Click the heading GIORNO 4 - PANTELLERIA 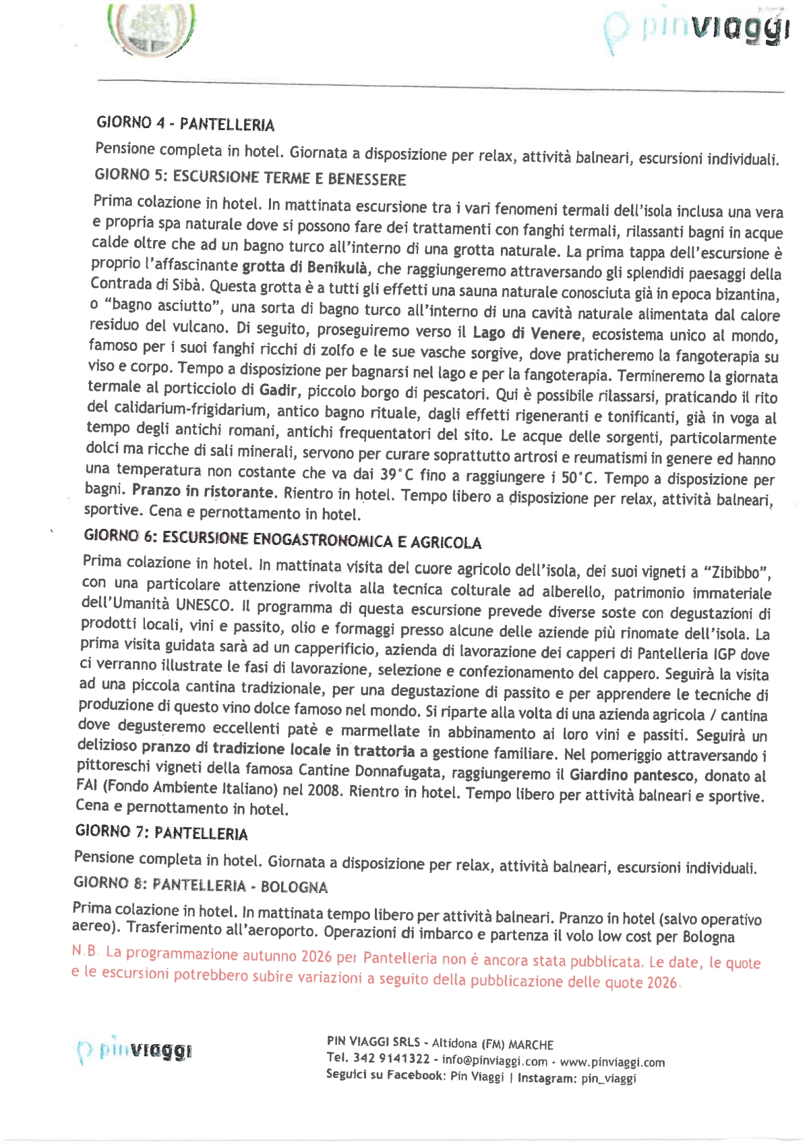tap(185, 123)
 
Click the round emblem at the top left tap(151, 30)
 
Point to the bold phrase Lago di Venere tap(526, 333)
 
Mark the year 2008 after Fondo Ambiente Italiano tap(324, 790)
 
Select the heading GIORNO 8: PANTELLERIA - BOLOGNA tap(200, 885)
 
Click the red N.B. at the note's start tap(86, 951)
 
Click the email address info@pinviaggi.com tap(495, 1060)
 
